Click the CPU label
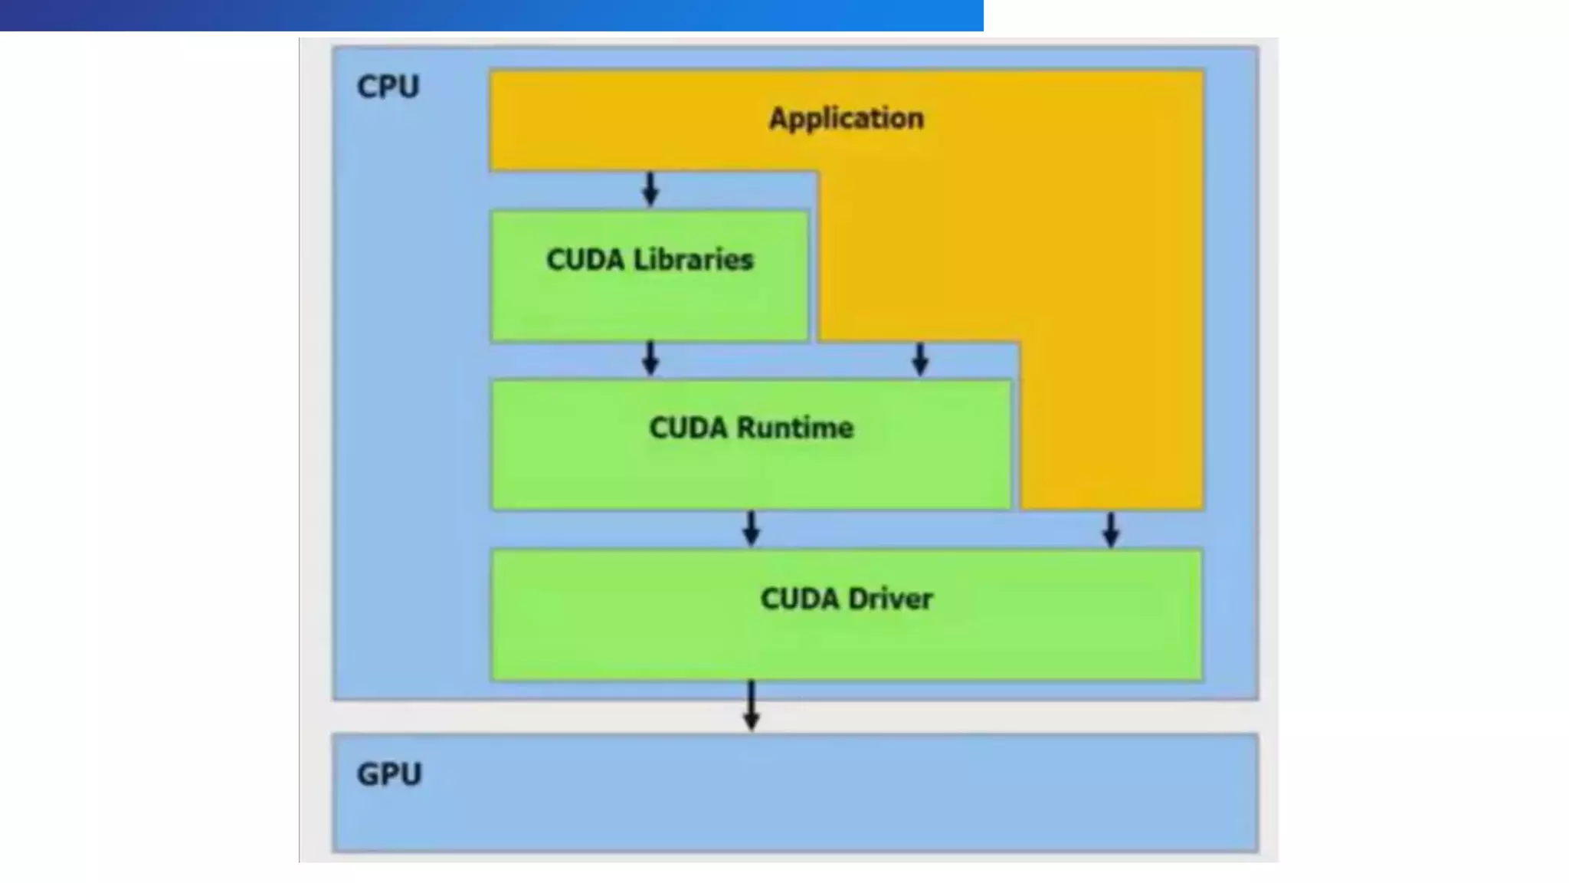[388, 87]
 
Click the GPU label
[389, 774]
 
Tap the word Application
[846, 119]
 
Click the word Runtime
[794, 428]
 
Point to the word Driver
[889, 599]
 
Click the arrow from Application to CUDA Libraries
[650, 189]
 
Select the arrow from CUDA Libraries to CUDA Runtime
[650, 358]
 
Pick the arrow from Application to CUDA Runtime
[920, 359]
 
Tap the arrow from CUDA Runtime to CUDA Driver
[752, 528]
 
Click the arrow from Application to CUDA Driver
[1111, 529]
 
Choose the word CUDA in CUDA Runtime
[688, 428]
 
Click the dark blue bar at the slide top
[490, 15]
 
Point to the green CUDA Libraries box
[650, 307]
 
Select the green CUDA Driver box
[846, 644]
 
